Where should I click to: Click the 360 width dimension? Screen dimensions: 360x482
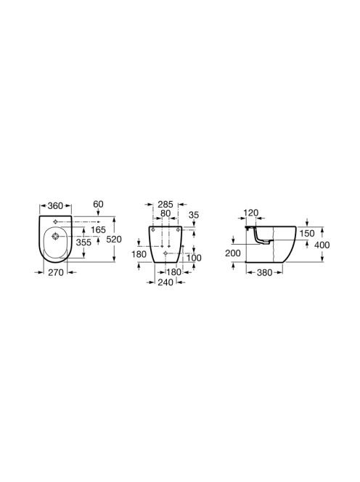(55, 205)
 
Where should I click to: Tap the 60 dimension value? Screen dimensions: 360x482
(98, 204)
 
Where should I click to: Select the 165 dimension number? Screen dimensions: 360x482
(99, 229)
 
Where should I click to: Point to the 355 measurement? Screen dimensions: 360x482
(83, 242)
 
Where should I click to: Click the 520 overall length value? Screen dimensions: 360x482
(114, 239)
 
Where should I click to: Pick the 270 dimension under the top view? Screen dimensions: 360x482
(56, 272)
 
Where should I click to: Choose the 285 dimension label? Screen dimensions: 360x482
(165, 204)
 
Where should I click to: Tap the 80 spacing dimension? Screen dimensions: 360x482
(165, 213)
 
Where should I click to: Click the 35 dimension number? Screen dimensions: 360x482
(194, 215)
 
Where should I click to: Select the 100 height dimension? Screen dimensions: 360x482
(194, 258)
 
